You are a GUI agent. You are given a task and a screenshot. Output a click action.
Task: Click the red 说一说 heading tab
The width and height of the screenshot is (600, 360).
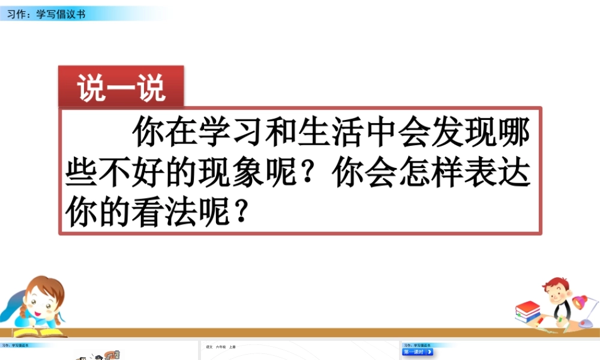coord(121,89)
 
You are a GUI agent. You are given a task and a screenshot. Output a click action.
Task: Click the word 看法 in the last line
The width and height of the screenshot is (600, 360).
coord(181,213)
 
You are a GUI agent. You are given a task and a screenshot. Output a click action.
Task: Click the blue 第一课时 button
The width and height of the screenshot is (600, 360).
coord(418,352)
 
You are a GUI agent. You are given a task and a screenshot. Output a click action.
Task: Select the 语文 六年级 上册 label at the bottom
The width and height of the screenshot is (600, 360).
coord(221,347)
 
